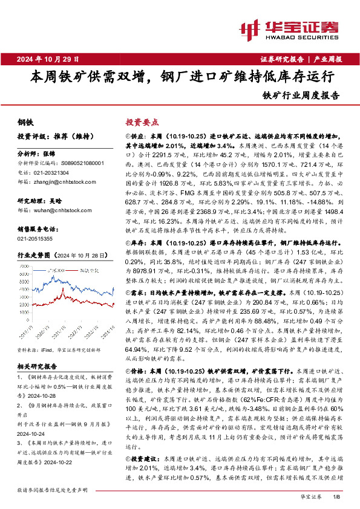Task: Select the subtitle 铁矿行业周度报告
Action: pos(301,95)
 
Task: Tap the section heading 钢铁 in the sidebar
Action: pos(25,121)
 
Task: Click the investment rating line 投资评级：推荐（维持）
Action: pos(48,136)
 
